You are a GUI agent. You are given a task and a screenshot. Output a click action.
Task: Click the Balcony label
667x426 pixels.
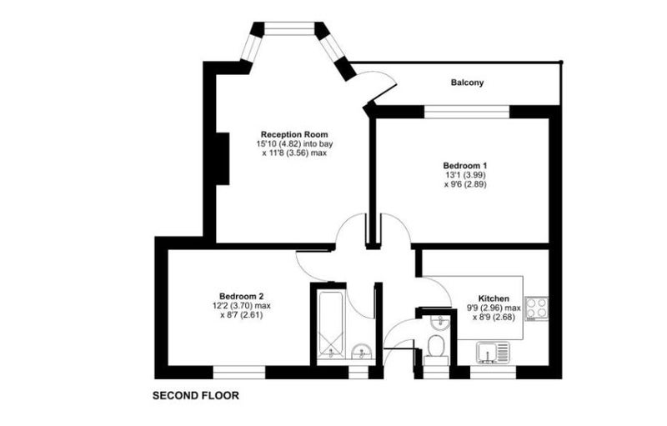(467, 83)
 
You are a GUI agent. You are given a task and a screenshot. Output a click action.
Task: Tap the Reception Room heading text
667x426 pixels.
(294, 134)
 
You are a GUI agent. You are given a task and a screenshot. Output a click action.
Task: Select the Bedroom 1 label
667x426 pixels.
(465, 165)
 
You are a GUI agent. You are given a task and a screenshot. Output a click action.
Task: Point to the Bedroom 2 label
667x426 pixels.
(241, 296)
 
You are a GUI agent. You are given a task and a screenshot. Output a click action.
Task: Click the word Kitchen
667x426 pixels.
(494, 298)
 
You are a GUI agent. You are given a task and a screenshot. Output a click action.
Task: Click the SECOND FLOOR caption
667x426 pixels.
(196, 396)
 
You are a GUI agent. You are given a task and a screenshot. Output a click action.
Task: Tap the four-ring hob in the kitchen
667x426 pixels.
(536, 308)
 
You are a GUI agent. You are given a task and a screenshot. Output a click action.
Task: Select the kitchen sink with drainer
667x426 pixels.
(493, 353)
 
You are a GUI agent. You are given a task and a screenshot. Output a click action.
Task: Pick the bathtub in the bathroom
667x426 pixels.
(331, 324)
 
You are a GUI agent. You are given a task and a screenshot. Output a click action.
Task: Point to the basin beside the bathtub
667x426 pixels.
(362, 352)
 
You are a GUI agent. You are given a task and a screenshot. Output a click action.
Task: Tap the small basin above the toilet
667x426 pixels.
(439, 323)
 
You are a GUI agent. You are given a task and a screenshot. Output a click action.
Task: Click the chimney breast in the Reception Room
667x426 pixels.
(223, 158)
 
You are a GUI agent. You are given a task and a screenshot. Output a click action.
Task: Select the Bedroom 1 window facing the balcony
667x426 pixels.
(467, 112)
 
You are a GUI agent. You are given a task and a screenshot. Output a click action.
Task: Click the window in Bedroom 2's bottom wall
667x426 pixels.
(239, 373)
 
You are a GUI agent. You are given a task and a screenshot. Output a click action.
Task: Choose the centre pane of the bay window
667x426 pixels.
(289, 28)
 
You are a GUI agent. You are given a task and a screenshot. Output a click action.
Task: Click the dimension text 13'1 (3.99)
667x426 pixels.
(465, 175)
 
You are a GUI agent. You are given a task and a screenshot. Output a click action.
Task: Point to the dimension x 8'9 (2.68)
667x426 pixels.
(494, 317)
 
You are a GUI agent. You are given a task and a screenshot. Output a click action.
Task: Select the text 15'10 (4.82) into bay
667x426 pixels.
(294, 143)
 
